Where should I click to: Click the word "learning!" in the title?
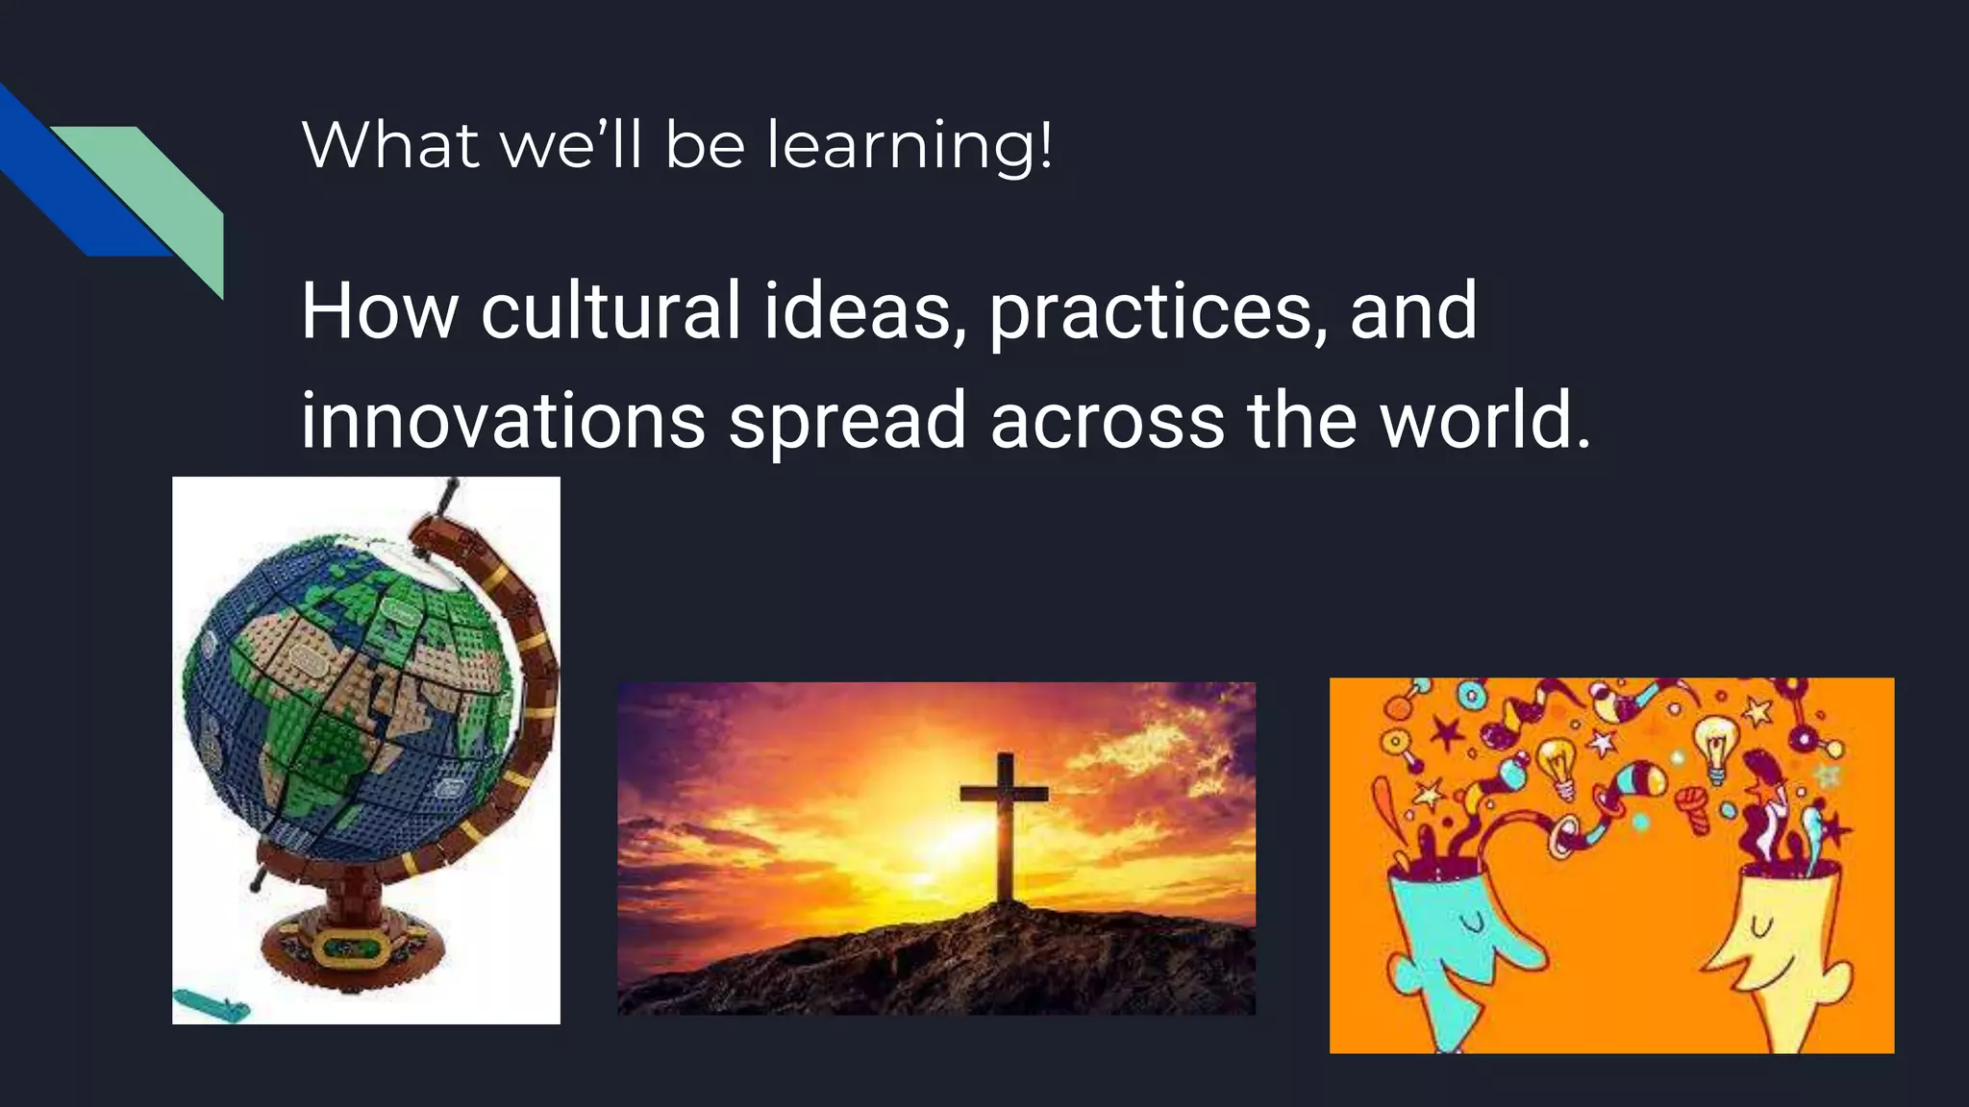[909, 146]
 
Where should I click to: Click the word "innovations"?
[503, 420]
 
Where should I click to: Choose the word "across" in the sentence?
[1107, 420]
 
